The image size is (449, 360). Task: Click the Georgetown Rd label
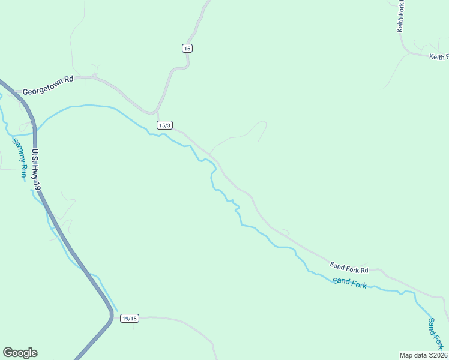pos(47,92)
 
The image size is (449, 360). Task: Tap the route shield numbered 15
pos(187,48)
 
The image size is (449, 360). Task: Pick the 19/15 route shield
pos(129,318)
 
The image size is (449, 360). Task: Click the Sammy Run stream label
pos(20,157)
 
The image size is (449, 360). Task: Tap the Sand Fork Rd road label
pos(348,266)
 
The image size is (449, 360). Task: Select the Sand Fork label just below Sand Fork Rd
pos(349,283)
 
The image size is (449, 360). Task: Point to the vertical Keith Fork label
pos(401,17)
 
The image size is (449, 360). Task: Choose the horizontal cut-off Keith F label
pos(438,57)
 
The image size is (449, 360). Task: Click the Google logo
pos(20,353)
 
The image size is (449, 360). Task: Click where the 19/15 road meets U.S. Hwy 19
pos(112,317)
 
